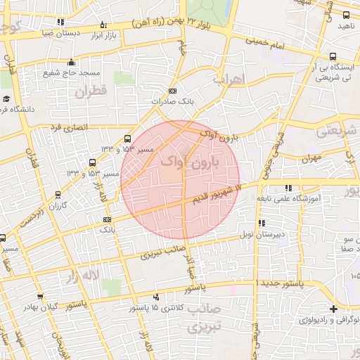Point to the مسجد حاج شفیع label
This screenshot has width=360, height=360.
(79, 73)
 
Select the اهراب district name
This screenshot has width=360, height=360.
(226, 79)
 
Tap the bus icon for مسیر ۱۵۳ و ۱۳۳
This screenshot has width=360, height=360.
(127, 139)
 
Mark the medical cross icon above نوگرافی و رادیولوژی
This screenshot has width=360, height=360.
(333, 309)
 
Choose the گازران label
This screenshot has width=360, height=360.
(54, 205)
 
